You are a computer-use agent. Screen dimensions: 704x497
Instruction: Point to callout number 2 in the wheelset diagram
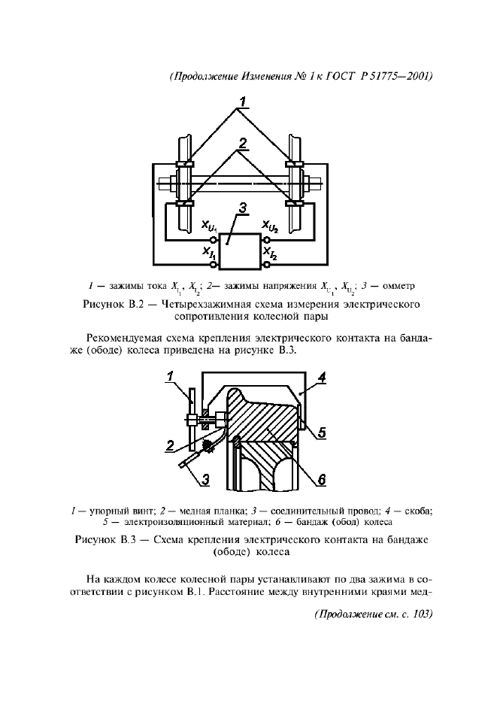point(242,143)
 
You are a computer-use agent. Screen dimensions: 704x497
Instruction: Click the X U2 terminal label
point(270,226)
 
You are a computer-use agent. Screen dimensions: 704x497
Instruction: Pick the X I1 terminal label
point(209,255)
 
